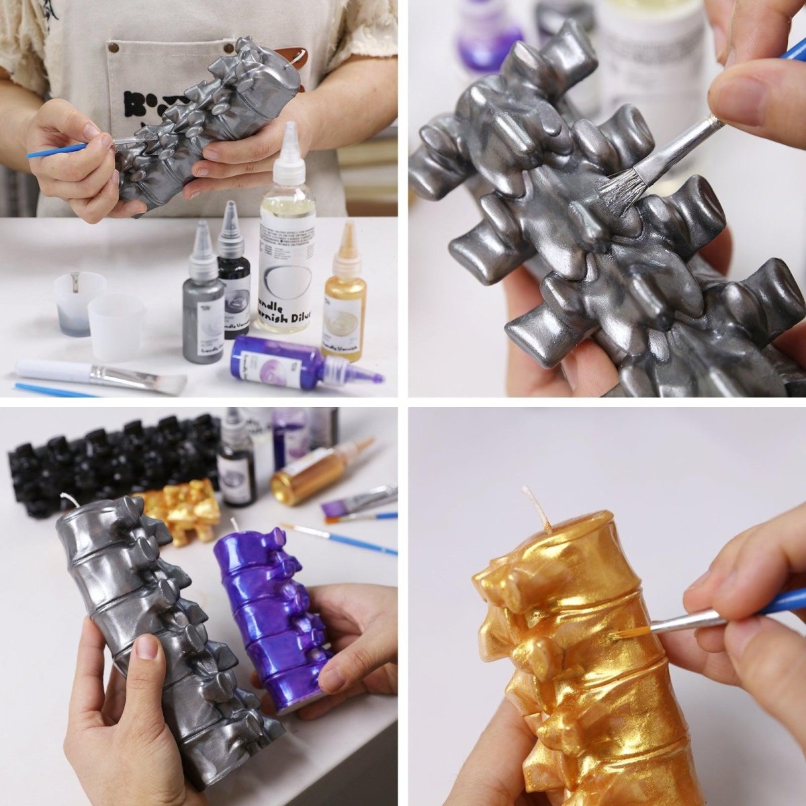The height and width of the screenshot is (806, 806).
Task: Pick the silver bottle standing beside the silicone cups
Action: [203, 308]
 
